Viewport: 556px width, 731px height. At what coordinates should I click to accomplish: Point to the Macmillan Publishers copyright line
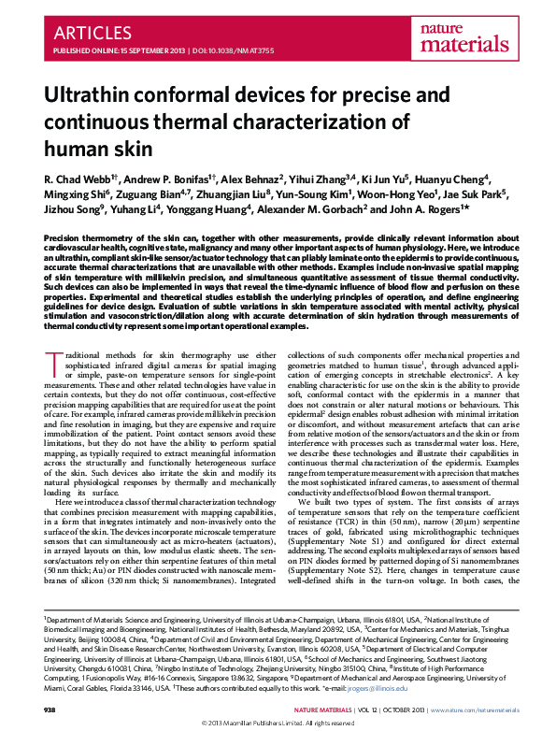(x=278, y=724)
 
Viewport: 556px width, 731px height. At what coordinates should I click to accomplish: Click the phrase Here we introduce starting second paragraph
(x=91, y=502)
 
